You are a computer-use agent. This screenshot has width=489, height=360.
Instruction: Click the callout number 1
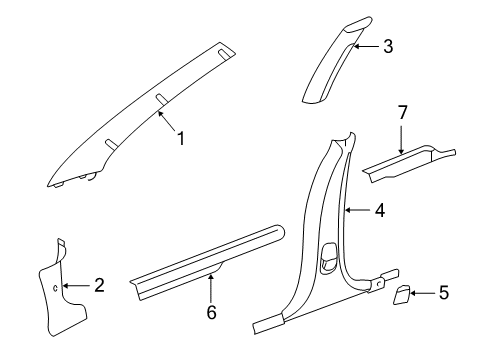pos(181,140)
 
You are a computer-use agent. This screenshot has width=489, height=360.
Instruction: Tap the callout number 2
pos(98,286)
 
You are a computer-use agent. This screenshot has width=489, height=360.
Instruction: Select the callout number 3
pos(387,45)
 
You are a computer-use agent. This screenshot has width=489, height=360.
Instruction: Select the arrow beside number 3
pos(365,46)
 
